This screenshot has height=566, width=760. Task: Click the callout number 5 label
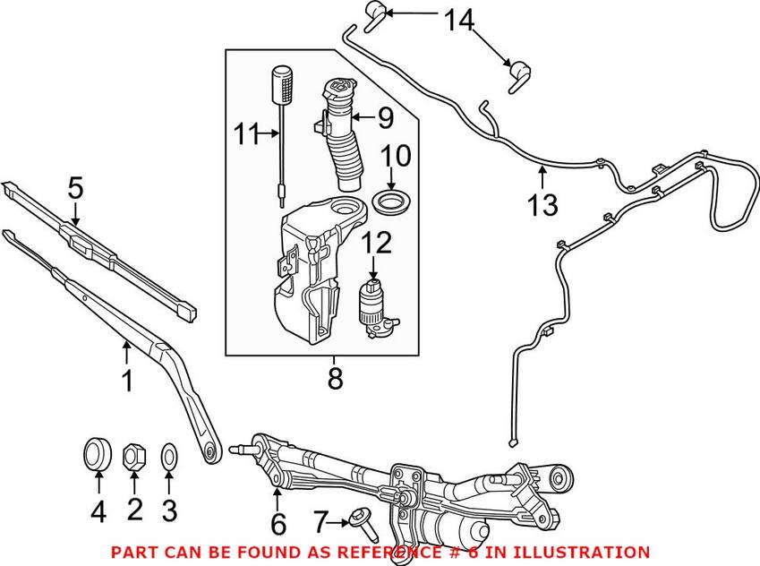coord(75,189)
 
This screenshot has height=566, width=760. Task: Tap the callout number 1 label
coord(127,382)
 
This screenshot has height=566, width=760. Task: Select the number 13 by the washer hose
coord(543,205)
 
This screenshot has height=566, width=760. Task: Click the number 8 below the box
coord(335,380)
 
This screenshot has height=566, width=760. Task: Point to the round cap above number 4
coord(97,452)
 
